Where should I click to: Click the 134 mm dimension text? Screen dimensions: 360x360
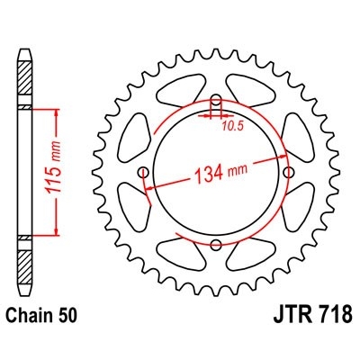pos(217,176)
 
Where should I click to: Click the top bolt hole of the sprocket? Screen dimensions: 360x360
pos(215,99)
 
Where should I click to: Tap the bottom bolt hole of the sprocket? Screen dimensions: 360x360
pos(215,245)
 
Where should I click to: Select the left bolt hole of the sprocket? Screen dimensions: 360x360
pos(142,172)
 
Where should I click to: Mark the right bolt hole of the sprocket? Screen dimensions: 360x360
pos(288,172)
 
